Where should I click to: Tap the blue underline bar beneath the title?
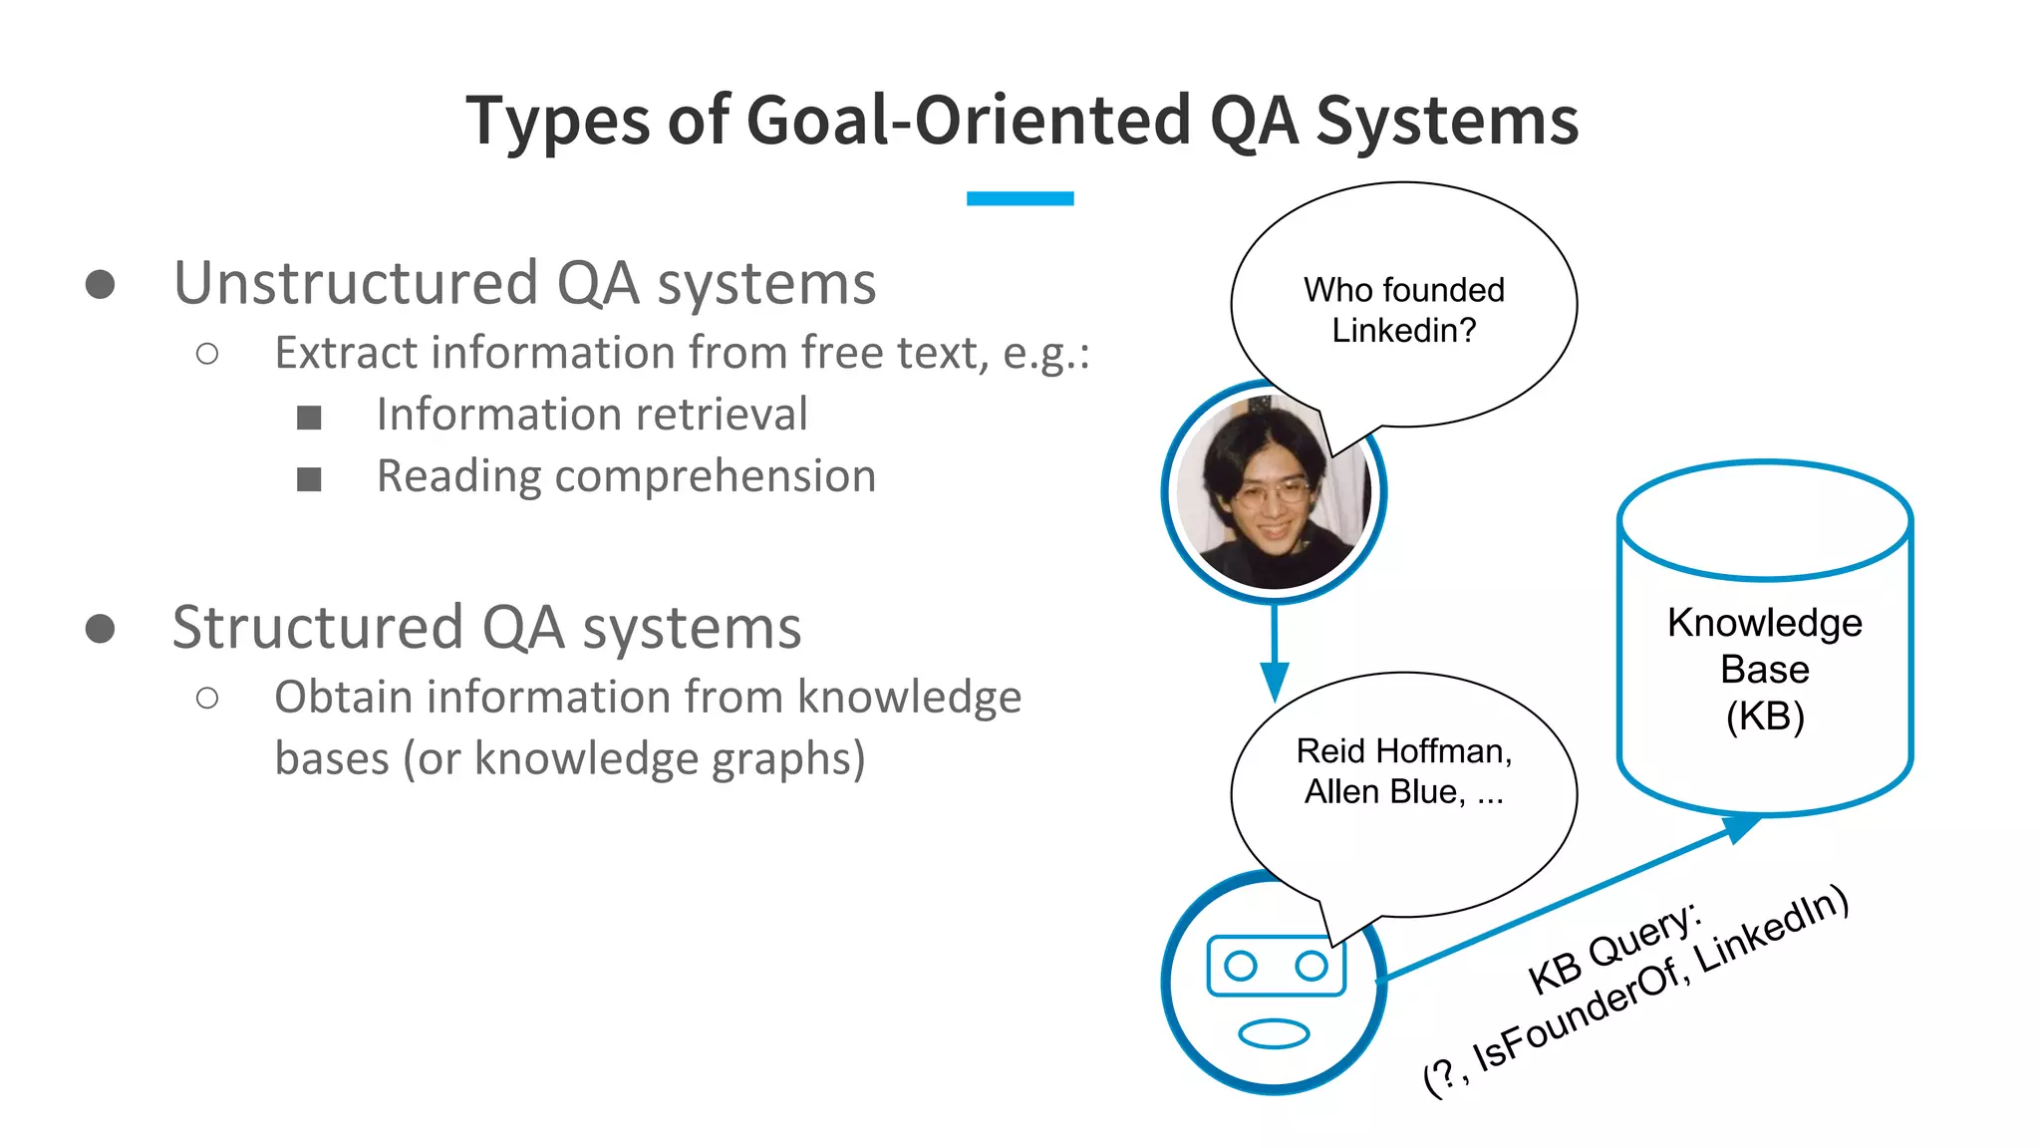click(x=1020, y=198)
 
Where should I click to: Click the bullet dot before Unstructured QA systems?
click(x=100, y=284)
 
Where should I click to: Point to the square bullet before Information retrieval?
click(x=309, y=418)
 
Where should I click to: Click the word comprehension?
click(x=715, y=476)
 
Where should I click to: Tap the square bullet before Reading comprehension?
click(x=309, y=479)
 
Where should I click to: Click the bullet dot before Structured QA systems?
click(x=100, y=629)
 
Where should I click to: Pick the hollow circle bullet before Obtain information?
click(x=207, y=698)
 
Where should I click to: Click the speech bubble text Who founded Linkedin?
click(x=1403, y=310)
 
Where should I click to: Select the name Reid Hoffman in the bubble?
click(x=1403, y=751)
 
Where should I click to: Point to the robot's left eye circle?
click(x=1240, y=966)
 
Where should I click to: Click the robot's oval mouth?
click(x=1274, y=1033)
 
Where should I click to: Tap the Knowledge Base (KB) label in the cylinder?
click(x=1764, y=669)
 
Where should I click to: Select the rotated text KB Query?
click(x=1614, y=947)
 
